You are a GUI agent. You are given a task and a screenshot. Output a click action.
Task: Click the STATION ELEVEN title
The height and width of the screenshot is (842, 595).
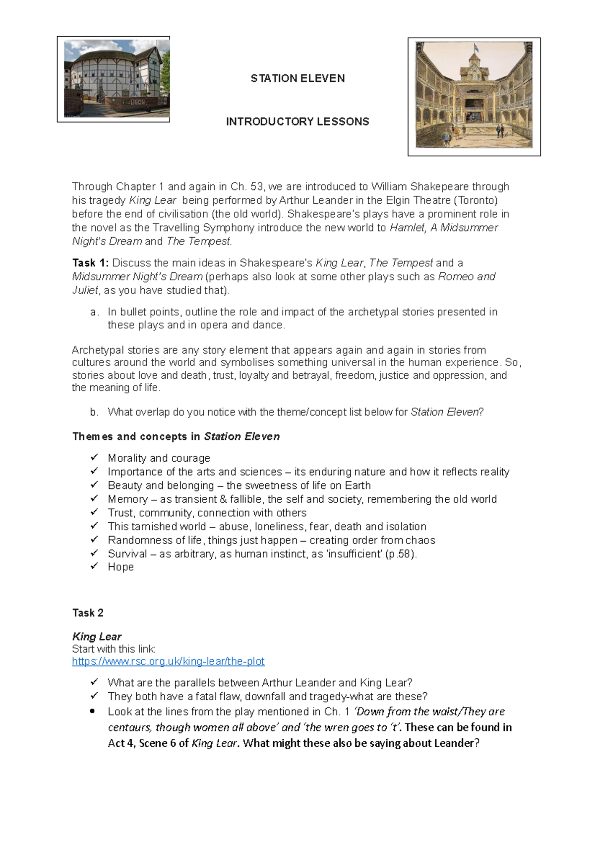pyautogui.click(x=297, y=78)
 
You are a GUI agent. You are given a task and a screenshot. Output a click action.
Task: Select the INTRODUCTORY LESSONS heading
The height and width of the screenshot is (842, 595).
pyautogui.click(x=297, y=121)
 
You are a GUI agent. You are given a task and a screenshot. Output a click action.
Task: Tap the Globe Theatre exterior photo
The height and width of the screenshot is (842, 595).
pyautogui.click(x=114, y=79)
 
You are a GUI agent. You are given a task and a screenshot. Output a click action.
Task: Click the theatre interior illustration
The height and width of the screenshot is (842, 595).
pyautogui.click(x=474, y=97)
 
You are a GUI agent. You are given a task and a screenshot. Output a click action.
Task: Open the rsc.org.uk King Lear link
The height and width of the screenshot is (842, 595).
pyautogui.click(x=168, y=661)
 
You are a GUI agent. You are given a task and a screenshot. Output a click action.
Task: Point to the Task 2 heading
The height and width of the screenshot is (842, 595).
pyautogui.click(x=88, y=613)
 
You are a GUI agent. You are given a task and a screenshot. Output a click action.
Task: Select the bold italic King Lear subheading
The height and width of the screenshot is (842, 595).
pyautogui.click(x=97, y=636)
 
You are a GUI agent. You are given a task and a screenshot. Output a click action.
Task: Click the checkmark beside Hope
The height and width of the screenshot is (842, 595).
pyautogui.click(x=94, y=566)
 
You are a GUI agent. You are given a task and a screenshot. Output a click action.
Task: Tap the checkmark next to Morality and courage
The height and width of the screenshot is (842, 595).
pyautogui.click(x=94, y=457)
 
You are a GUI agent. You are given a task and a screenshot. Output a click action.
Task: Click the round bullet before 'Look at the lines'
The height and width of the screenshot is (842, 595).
pyautogui.click(x=92, y=711)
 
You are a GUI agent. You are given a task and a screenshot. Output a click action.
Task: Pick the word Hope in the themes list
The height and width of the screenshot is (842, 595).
pyautogui.click(x=121, y=567)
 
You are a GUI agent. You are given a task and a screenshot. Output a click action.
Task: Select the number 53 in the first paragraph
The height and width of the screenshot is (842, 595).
pyautogui.click(x=257, y=186)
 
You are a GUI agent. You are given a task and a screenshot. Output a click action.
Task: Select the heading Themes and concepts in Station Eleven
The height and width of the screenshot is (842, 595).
pyautogui.click(x=176, y=436)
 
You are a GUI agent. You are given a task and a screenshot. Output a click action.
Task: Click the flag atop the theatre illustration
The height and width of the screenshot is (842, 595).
pyautogui.click(x=476, y=48)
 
